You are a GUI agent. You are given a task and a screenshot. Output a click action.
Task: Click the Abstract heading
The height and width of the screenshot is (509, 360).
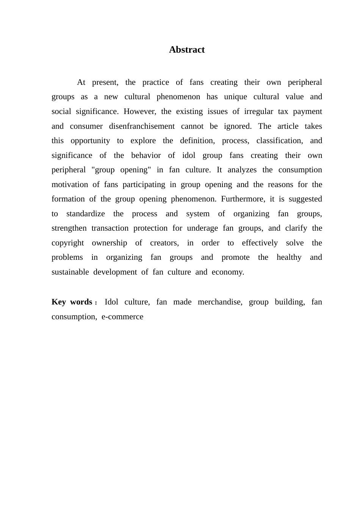187,50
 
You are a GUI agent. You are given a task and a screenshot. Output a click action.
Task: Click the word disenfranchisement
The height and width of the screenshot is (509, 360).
142,126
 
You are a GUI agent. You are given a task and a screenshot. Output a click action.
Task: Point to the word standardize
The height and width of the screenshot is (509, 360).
86,214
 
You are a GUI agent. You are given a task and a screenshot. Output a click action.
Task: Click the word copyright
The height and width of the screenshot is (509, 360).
68,243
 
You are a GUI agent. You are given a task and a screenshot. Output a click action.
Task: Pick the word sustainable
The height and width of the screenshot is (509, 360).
70,272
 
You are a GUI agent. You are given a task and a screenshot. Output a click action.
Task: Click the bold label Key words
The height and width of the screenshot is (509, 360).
72,302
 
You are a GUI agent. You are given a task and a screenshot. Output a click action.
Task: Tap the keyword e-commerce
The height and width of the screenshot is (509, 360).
122,317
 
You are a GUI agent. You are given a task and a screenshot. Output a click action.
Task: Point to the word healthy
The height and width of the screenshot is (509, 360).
289,258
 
